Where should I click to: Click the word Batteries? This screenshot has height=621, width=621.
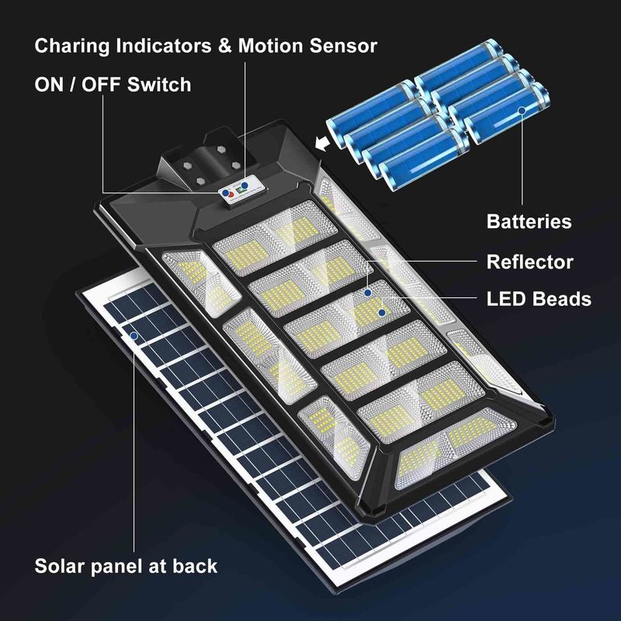point(529,221)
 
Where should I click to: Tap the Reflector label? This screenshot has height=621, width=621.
point(530,262)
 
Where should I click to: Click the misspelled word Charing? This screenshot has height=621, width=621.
point(72,47)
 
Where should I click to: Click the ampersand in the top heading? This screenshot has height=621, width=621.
point(224,46)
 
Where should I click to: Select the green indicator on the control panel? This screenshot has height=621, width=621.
point(240,190)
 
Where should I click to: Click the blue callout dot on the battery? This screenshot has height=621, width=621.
point(522,110)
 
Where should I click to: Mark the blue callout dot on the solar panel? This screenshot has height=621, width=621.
point(134,336)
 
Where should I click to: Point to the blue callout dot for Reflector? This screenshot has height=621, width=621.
point(368,293)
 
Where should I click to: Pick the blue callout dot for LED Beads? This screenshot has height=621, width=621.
point(382,313)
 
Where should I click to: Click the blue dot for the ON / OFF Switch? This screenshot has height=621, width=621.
point(225,193)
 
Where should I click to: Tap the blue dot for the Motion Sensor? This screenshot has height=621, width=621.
point(245,186)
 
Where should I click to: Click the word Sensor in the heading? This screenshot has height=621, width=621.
point(343,46)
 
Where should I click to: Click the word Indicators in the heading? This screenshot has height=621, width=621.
point(164,46)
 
